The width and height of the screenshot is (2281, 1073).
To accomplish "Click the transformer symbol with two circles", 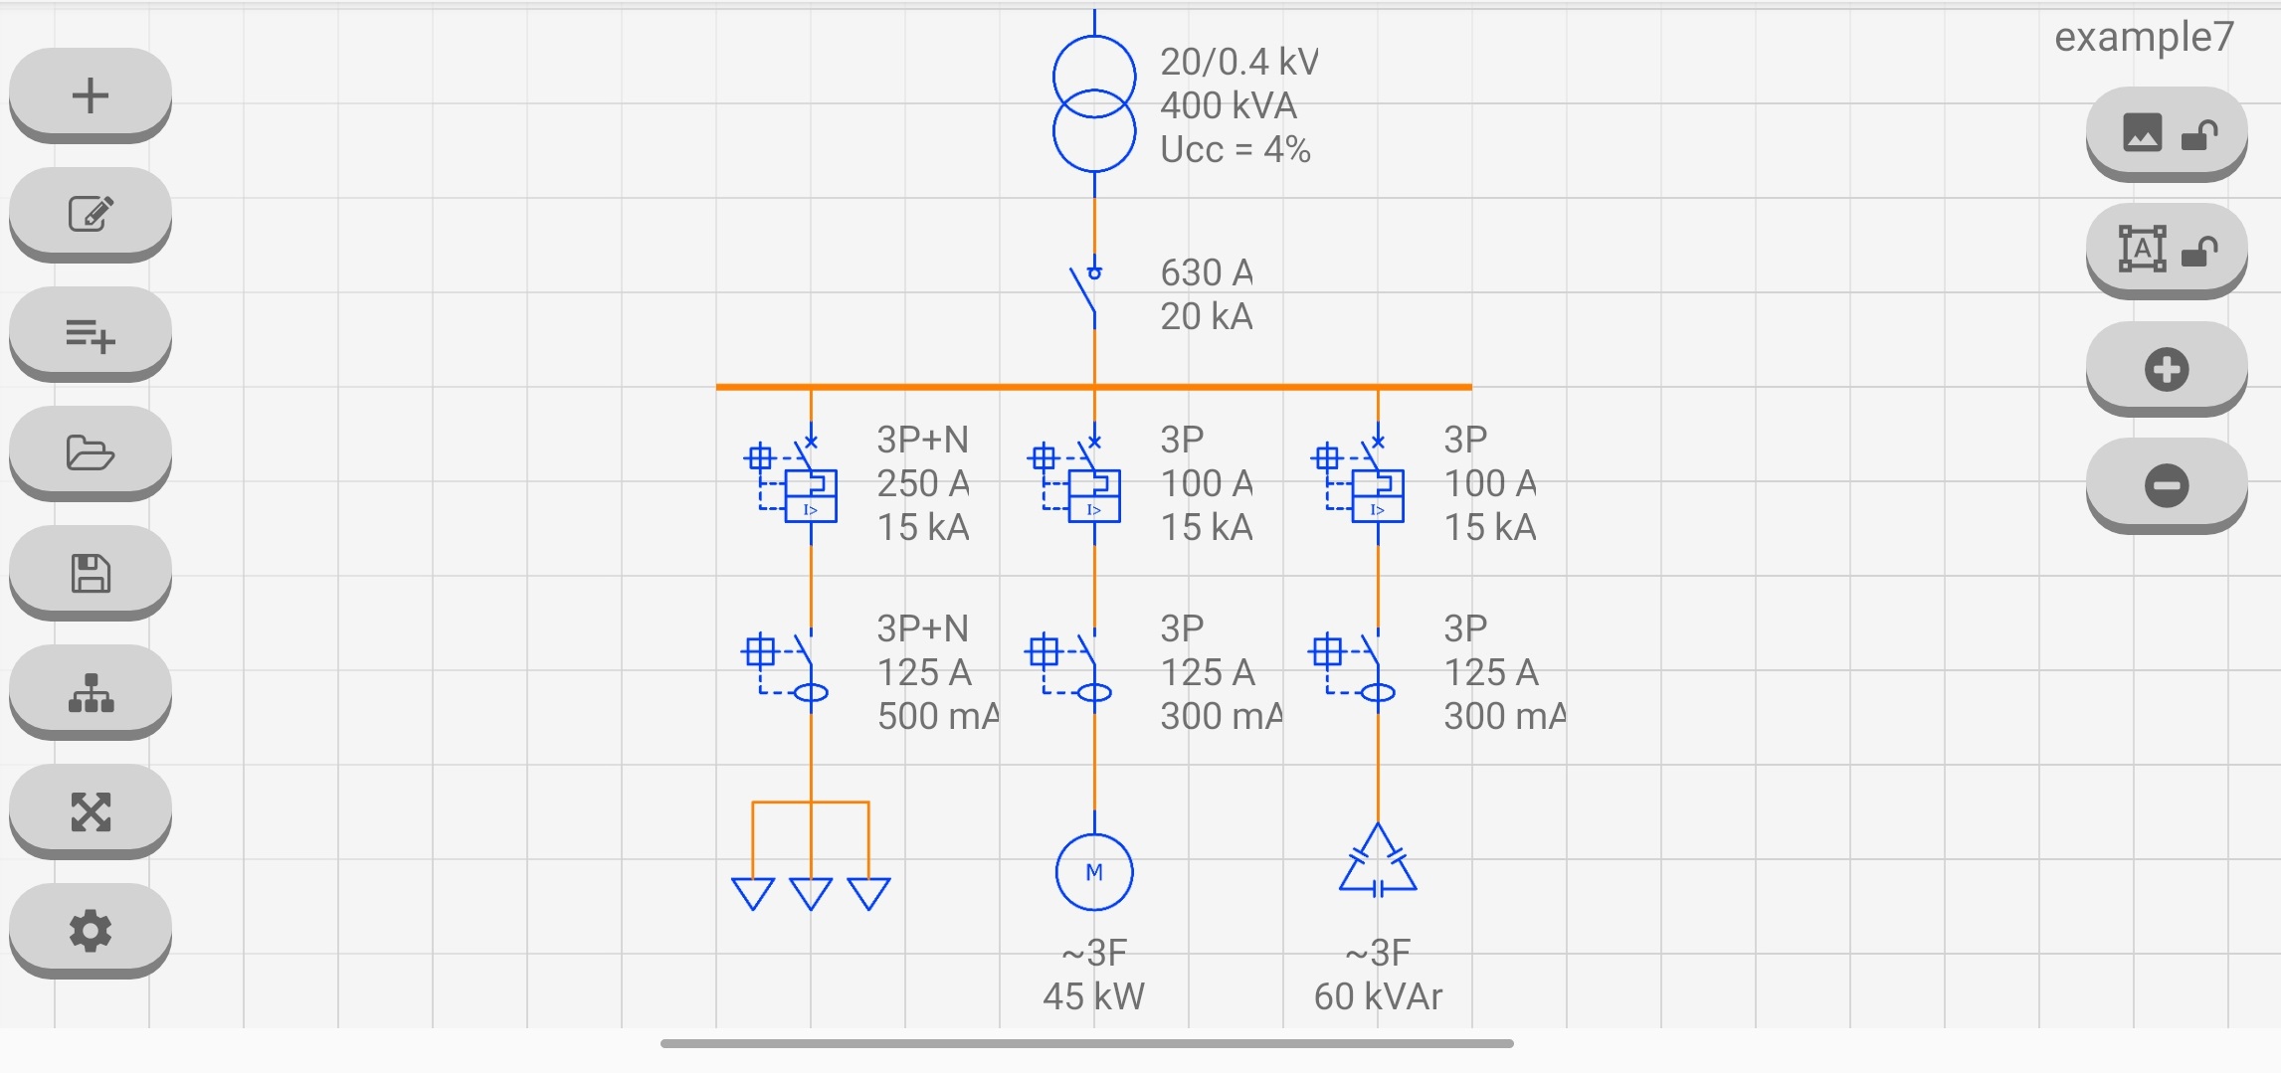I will click(x=1094, y=103).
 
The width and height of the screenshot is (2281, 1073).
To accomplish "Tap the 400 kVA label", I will click(x=1228, y=105).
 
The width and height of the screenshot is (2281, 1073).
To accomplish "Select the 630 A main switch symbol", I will click(x=1089, y=293).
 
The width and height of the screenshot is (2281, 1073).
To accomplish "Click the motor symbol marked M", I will click(x=1094, y=872).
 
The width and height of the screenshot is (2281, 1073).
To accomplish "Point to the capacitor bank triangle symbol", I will click(x=1378, y=863).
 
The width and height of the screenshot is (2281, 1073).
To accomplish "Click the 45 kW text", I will click(x=1093, y=996).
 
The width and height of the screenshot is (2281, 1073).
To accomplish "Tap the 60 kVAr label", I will click(x=1378, y=996).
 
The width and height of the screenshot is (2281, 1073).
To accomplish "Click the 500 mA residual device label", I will click(x=937, y=716).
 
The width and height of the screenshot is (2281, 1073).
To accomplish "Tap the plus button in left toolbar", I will click(x=91, y=95).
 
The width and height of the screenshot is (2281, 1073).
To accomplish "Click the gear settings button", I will click(x=91, y=931).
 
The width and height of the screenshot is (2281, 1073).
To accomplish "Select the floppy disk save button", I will click(x=91, y=574).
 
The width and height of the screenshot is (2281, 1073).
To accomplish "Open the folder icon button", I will click(x=91, y=453).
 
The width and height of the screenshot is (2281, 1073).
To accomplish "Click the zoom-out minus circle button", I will click(x=2166, y=485).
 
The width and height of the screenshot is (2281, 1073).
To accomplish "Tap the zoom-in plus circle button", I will click(x=2166, y=369).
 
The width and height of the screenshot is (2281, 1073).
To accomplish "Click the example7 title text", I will click(x=2144, y=38).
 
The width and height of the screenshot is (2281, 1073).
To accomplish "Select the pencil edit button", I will click(x=91, y=214).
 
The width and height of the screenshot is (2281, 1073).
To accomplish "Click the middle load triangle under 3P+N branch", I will click(x=811, y=893).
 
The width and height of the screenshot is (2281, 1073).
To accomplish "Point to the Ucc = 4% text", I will click(x=1235, y=150).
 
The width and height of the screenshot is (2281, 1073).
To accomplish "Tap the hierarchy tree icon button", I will click(x=91, y=693).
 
